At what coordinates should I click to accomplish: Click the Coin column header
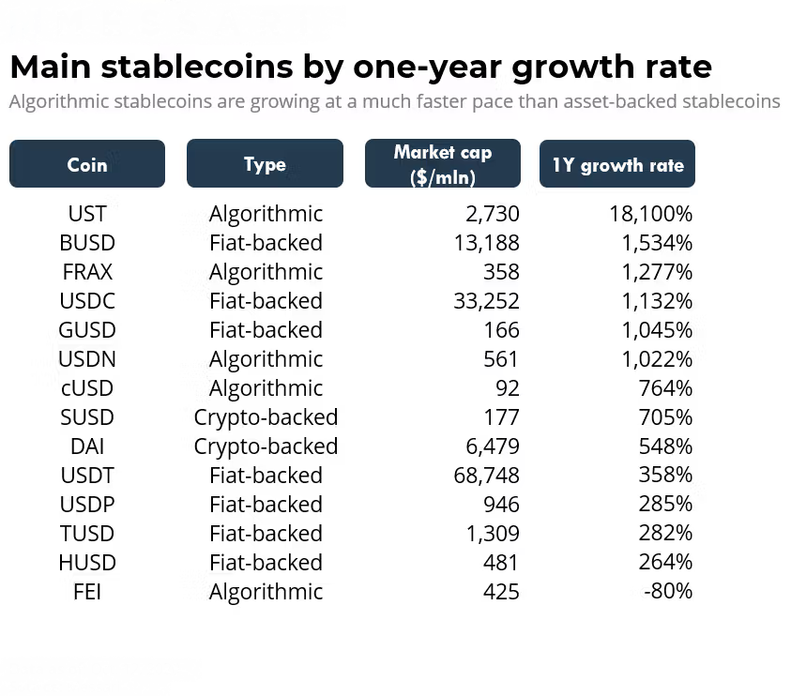87,164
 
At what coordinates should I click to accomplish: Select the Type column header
265,164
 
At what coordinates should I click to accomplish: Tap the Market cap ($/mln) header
442,164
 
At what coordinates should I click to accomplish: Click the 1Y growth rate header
617,165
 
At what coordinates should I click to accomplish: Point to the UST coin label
87,214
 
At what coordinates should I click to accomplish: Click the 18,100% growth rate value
650,214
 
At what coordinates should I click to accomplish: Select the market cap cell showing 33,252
486,301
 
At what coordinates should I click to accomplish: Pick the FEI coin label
87,592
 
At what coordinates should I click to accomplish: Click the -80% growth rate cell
668,592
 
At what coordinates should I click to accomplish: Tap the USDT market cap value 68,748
486,476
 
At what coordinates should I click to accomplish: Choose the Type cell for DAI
266,446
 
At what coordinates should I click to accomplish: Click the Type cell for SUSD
266,417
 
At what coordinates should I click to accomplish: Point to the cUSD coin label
87,388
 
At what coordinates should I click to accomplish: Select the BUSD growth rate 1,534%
656,243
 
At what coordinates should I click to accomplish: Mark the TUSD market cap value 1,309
493,534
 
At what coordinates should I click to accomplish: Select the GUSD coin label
87,330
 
